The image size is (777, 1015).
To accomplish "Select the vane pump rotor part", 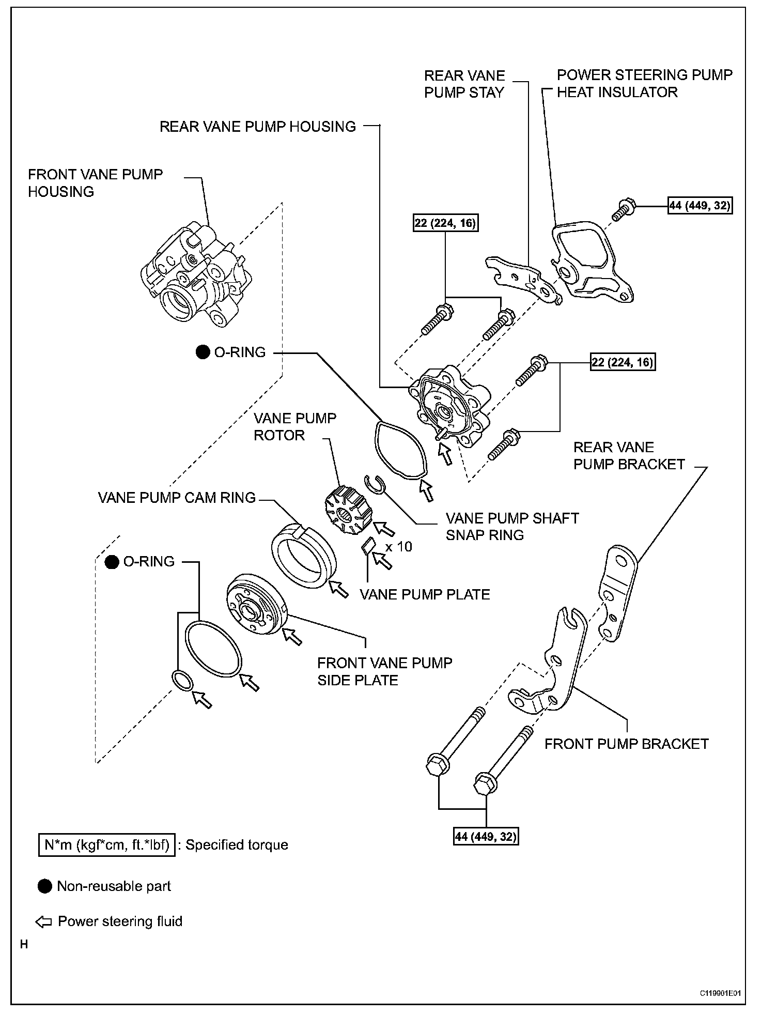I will click(x=345, y=512).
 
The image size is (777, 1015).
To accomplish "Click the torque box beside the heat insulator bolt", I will click(x=700, y=205).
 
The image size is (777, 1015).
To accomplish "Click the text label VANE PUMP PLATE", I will click(x=425, y=594).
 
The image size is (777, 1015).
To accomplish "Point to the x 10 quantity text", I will click(x=399, y=547).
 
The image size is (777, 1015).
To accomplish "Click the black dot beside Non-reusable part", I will click(x=45, y=886).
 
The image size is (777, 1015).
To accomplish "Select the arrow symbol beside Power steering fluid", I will click(x=43, y=921).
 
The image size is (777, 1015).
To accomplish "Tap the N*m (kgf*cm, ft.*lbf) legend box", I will click(x=106, y=845).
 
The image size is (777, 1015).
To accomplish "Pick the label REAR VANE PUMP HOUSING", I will click(x=257, y=127).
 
